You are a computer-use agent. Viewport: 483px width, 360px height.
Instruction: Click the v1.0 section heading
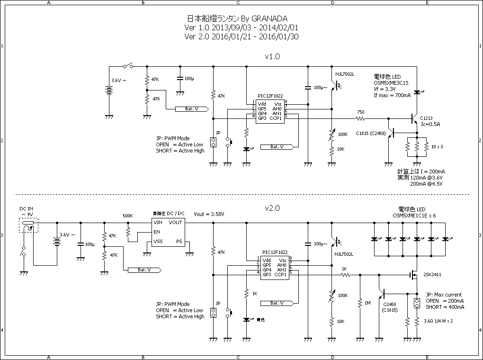[272, 56]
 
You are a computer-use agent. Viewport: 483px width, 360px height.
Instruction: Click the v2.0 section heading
[272, 208]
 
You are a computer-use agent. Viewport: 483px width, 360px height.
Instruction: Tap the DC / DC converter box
[168, 232]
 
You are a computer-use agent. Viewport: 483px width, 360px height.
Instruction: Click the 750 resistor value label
[361, 112]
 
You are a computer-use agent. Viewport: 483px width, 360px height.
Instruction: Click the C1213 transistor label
[428, 118]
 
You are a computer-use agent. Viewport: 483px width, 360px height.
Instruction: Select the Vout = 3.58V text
[209, 214]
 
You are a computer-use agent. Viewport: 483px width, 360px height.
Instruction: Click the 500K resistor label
[128, 216]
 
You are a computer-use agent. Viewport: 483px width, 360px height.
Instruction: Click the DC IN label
[27, 208]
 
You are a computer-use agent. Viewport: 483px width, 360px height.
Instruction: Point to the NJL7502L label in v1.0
[345, 75]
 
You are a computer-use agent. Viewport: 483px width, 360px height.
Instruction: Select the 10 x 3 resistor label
[438, 147]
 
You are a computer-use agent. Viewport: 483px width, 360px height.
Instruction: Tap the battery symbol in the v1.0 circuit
[109, 90]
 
